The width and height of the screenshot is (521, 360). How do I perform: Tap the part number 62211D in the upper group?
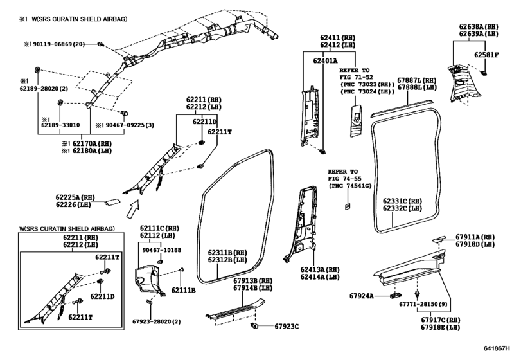click(205, 121)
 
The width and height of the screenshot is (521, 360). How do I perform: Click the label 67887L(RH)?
click(416, 80)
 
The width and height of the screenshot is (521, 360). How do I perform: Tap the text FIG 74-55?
click(346, 178)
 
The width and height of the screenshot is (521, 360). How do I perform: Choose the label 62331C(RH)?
click(403, 201)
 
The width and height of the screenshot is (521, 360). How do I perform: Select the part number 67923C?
click(287, 326)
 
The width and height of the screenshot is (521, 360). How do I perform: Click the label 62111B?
click(183, 290)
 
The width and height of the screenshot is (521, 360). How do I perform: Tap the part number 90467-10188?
click(162, 250)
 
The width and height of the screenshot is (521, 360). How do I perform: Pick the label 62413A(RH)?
click(319, 269)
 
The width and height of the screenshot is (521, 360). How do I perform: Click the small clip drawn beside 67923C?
click(255, 326)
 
